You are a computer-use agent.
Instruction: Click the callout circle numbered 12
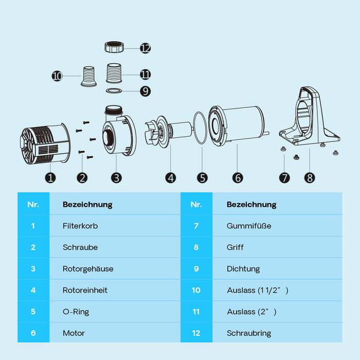(146, 48)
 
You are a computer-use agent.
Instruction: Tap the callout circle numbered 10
(57, 76)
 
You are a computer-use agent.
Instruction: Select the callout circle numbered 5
(202, 178)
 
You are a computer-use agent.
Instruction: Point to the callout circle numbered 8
(310, 178)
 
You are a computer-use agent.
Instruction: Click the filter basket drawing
(45, 143)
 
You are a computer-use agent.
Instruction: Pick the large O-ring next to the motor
(200, 128)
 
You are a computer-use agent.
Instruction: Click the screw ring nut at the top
(114, 47)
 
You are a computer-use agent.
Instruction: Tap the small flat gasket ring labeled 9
(114, 91)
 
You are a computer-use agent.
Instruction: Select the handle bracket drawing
(310, 116)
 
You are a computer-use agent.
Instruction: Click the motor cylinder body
(239, 126)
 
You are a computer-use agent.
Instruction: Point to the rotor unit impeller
(168, 132)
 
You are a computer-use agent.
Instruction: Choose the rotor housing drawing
(119, 130)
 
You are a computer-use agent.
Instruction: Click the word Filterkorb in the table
(80, 226)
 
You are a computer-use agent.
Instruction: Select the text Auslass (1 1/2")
(258, 291)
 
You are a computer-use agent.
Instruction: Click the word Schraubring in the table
(249, 333)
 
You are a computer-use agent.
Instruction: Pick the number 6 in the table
(33, 333)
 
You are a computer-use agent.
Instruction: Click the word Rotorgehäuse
(88, 269)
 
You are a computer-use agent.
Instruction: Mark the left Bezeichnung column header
(87, 205)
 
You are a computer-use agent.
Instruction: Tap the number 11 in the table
(196, 312)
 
